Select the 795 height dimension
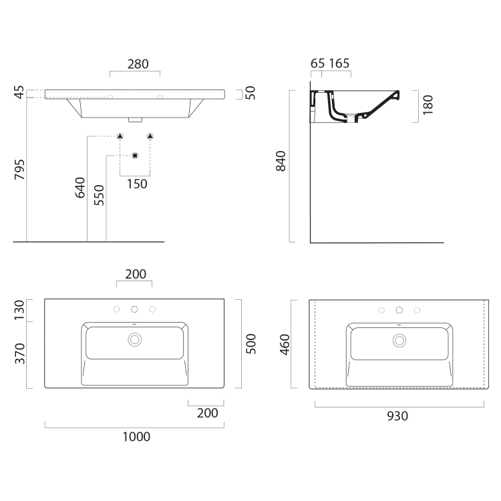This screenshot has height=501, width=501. coord(19,172)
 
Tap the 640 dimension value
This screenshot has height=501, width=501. coord(80,188)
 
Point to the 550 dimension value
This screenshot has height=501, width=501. coord(99,195)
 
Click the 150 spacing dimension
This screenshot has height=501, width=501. coord(136,184)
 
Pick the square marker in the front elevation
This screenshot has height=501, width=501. coord(135,156)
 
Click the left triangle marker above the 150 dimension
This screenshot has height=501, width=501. coord(120,136)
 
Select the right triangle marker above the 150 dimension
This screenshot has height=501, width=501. coord(150,136)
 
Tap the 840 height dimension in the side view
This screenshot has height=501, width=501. coord(281,162)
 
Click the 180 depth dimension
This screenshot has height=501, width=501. coord(428,106)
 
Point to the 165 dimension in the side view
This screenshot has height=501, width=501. coord(339,64)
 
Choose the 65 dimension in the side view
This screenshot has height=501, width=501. coord(318,64)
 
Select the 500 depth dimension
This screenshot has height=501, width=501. coord(252,344)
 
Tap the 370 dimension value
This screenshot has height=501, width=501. coord(19,353)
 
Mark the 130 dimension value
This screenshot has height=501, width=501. coord(19,309)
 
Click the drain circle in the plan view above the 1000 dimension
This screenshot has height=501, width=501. coord(134,339)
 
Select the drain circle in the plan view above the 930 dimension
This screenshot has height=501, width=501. coord(399,339)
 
